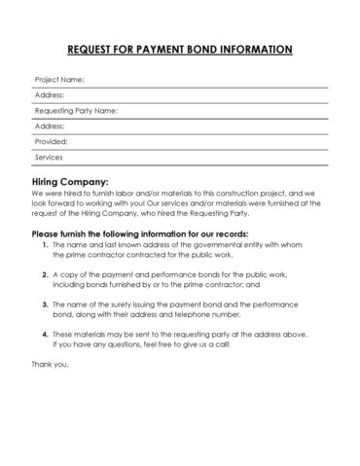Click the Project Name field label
(59, 79)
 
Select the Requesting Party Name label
(76, 110)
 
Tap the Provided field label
(52, 141)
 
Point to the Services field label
(49, 157)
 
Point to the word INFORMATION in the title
(259, 48)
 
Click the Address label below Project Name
(50, 94)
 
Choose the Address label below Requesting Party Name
(50, 125)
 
